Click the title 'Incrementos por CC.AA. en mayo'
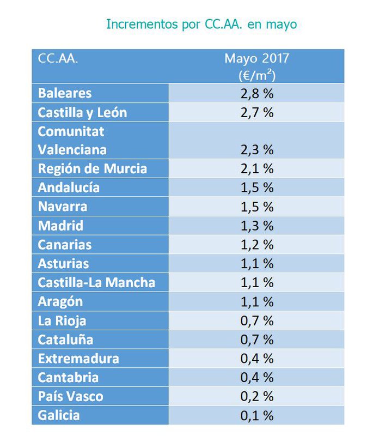pos(201,25)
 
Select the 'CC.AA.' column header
pos(58,59)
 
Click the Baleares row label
pos(65,93)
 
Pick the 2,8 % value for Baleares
pos(256,93)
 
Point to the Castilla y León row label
pos(82,113)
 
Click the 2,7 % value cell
pos(256,113)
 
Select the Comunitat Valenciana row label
pos(72,141)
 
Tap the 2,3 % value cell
pos(256,149)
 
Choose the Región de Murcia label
pos(92,168)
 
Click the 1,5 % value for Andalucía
pos(256,187)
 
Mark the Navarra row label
pos(62,207)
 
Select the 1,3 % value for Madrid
pos(256,226)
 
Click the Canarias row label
pos(65,245)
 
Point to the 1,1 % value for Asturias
pos(256,264)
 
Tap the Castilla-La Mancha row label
pos(96,282)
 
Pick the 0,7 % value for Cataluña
pos(256,340)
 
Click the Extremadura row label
pos(78,359)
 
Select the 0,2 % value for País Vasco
pos(256,396)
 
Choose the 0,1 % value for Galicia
pos(256,415)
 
